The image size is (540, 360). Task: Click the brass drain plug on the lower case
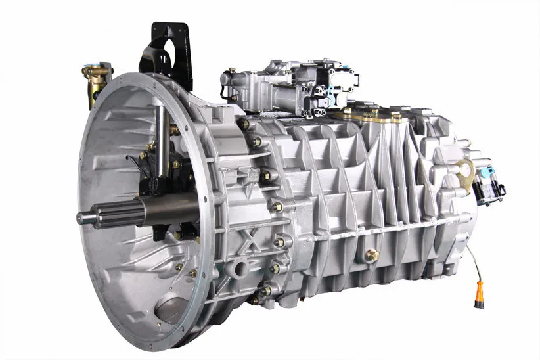coord(372,255)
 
